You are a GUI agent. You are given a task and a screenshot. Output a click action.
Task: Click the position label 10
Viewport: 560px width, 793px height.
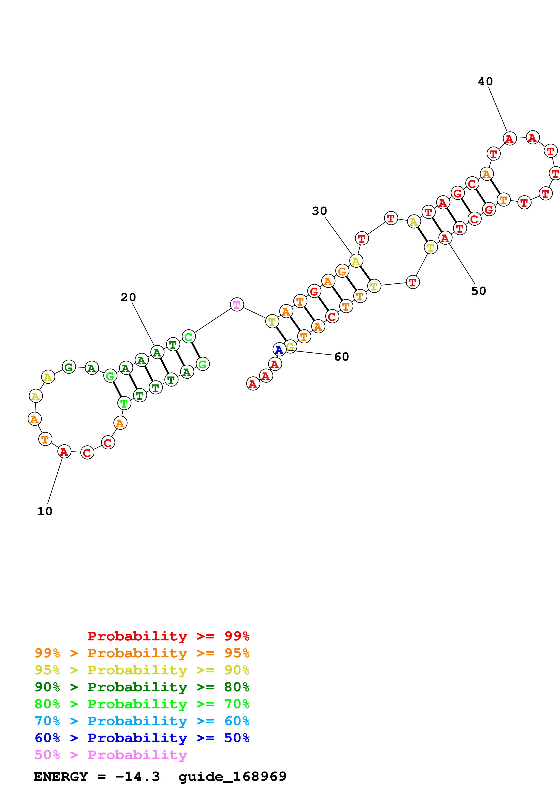coord(45,511)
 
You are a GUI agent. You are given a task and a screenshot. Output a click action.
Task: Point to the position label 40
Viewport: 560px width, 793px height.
coord(485,82)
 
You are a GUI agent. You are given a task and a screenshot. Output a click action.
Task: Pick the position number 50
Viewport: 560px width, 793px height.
coord(479,291)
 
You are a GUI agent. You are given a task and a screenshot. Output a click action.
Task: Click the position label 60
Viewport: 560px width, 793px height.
coord(342,357)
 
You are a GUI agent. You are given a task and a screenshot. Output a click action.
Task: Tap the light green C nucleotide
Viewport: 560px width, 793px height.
coord(188,337)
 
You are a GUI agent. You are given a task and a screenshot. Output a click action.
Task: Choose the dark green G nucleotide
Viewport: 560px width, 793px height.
coord(69,367)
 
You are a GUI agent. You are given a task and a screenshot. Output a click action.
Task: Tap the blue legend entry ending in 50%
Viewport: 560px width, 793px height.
coord(142,738)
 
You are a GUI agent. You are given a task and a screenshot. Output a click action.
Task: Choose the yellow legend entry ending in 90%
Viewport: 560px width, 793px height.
coord(142,670)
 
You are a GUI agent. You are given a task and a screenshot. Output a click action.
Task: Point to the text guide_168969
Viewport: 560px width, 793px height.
coord(232,777)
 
